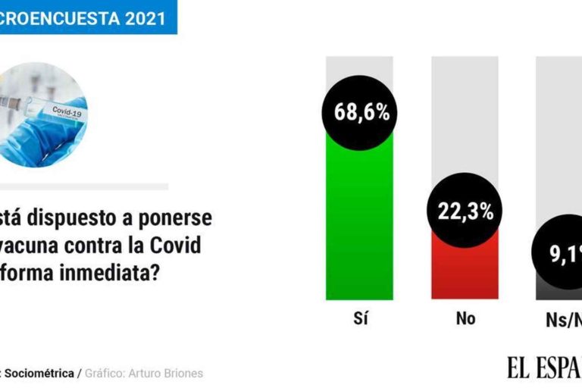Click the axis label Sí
pos(360,319)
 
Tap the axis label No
pos(465,319)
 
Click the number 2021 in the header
pos(139,19)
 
